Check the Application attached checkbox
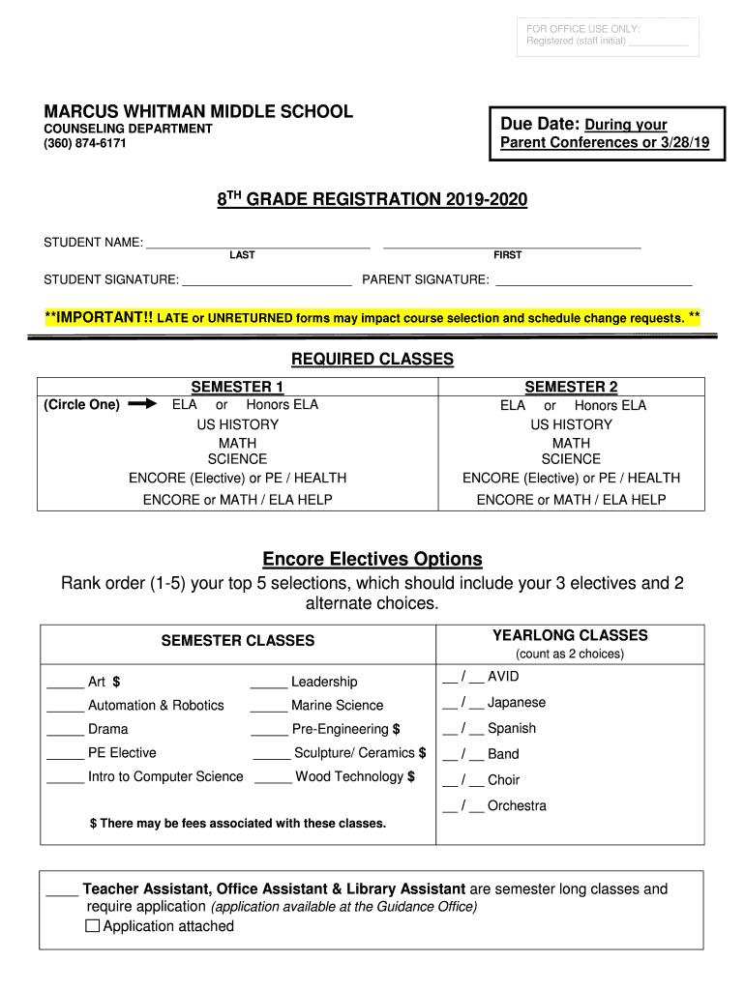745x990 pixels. (93, 926)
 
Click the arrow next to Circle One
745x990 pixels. (141, 405)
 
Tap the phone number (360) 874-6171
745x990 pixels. (85, 144)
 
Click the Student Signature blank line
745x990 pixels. (267, 284)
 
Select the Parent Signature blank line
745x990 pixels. (593, 284)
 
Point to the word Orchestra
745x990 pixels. (517, 805)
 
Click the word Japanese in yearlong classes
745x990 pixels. (517, 703)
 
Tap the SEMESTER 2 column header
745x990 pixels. (571, 387)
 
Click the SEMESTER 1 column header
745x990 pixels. (237, 387)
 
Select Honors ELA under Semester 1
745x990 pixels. (282, 405)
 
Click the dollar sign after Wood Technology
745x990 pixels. (411, 776)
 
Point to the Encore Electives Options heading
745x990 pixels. (372, 560)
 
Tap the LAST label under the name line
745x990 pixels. (242, 255)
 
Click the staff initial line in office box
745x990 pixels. (658, 43)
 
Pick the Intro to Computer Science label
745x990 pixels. (165, 776)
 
